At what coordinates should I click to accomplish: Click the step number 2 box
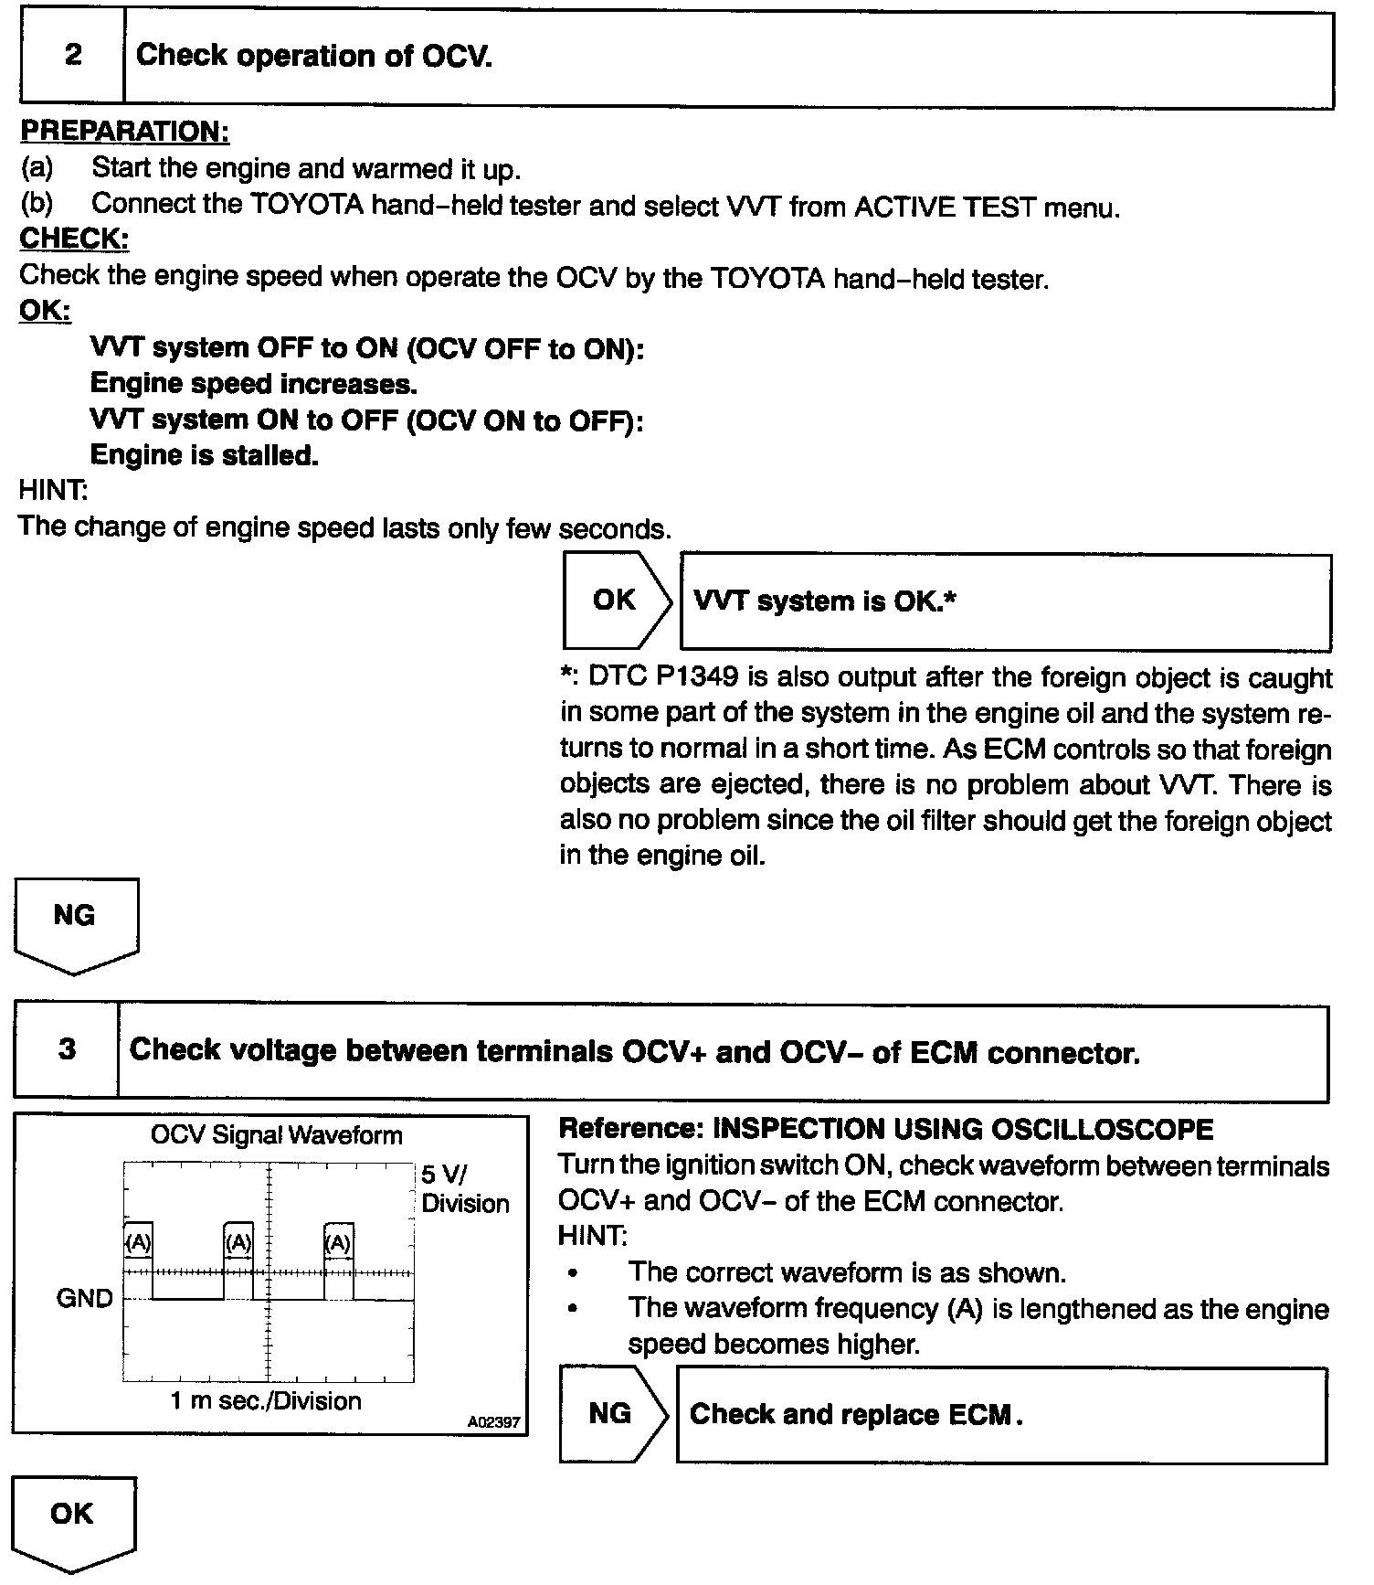coord(72,56)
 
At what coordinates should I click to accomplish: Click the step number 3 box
coord(67,1049)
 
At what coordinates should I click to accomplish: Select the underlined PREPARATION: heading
coord(124,132)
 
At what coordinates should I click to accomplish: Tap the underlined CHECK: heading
coord(74,239)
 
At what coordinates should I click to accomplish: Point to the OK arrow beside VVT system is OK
coord(615,601)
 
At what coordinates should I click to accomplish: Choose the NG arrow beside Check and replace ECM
coord(611,1414)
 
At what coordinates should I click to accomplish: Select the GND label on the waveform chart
coord(84,1298)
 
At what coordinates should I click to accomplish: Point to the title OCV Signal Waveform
coord(276,1135)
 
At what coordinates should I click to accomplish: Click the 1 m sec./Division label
coord(266,1400)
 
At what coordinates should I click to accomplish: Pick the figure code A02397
coord(493,1422)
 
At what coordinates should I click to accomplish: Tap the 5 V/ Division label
coord(464,1189)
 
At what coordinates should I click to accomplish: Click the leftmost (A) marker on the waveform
coord(137,1242)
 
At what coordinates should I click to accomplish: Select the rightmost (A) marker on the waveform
coord(338,1242)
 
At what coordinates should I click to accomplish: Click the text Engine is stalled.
coord(204,454)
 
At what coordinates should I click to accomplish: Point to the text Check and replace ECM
coord(855,1414)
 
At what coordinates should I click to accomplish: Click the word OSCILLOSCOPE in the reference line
coord(1102,1130)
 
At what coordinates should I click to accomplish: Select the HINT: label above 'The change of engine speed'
coord(53,491)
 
